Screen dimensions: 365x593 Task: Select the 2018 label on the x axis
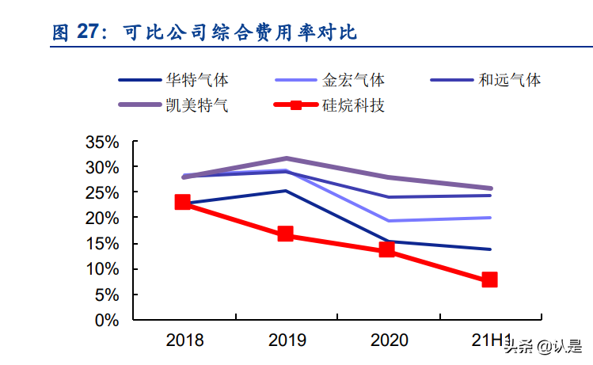184,341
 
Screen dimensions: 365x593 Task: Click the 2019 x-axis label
287,341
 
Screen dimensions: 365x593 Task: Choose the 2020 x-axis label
389,341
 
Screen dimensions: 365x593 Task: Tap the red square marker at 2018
183,202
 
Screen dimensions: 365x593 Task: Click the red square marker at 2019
286,234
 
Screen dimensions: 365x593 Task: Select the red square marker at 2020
387,249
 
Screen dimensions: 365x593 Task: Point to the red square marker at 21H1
489,279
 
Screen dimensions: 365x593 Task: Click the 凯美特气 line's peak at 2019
286,158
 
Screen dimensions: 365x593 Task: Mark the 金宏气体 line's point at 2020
387,221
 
